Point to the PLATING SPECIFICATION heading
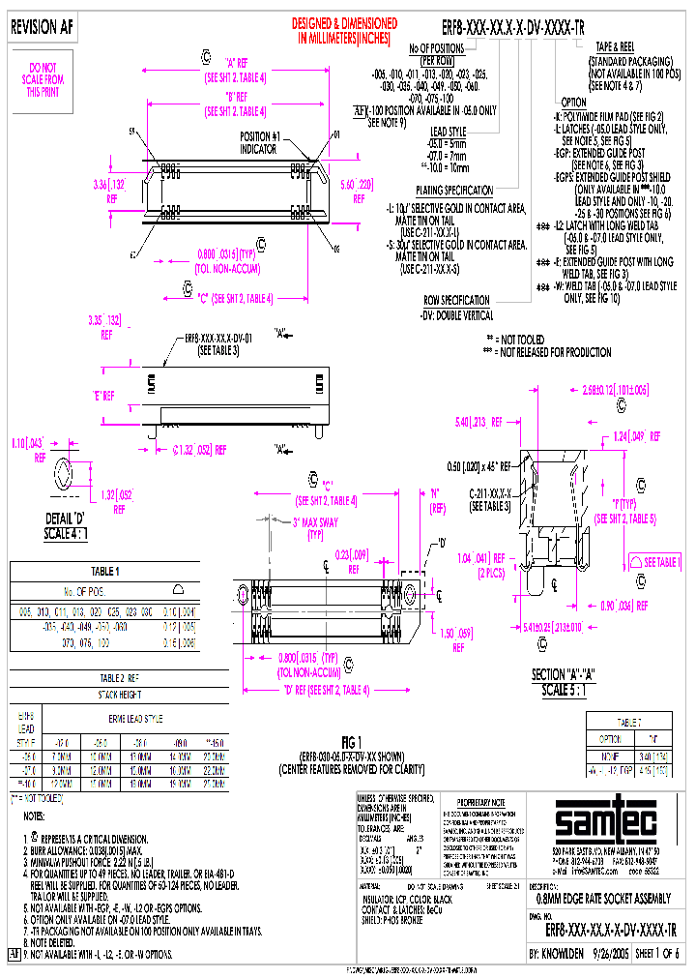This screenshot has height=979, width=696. tap(453, 191)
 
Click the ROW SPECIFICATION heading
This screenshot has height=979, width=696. tap(458, 300)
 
